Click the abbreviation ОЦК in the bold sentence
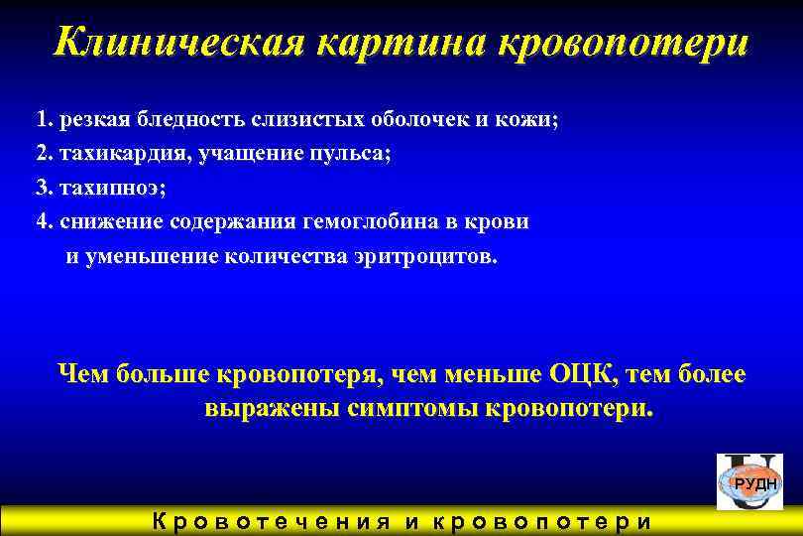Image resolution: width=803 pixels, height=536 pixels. [x=579, y=375]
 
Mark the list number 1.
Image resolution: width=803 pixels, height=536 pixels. [x=43, y=120]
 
